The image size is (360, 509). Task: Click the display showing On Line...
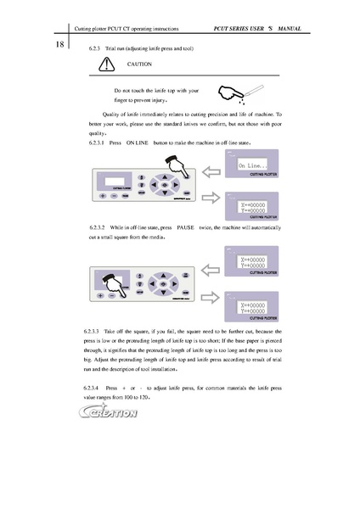253,166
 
